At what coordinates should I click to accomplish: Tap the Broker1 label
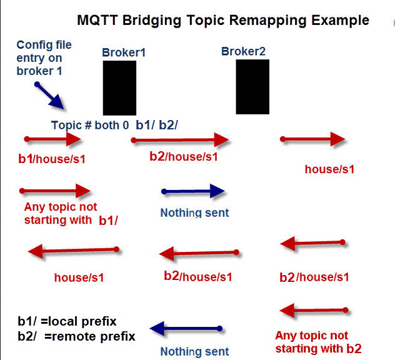click(x=124, y=53)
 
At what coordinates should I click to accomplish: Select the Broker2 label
click(x=244, y=51)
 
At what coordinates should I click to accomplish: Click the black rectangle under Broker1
click(x=119, y=87)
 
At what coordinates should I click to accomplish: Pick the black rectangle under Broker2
click(x=252, y=87)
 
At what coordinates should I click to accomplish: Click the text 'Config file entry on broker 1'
click(x=44, y=57)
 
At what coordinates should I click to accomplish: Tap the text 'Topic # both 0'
click(x=90, y=125)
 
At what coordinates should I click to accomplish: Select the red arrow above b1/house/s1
click(x=53, y=139)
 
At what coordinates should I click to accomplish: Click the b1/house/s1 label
click(x=52, y=159)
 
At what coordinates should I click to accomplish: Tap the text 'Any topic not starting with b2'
click(x=317, y=342)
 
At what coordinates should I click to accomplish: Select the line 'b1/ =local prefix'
click(x=67, y=322)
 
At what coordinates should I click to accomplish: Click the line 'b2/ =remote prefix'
click(x=76, y=336)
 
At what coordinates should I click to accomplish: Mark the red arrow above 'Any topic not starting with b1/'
click(x=56, y=190)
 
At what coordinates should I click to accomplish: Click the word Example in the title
click(x=337, y=20)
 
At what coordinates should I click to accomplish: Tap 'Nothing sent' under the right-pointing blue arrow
click(x=194, y=212)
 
